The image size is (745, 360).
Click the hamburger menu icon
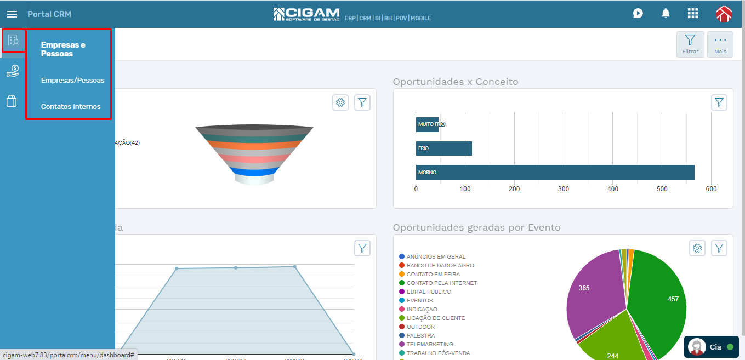pyautogui.click(x=12, y=14)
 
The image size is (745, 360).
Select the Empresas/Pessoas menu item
pyautogui.click(x=72, y=81)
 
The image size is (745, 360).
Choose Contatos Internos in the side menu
pyautogui.click(x=71, y=107)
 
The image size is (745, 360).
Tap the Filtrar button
pyautogui.click(x=690, y=44)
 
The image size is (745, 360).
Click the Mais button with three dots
pyautogui.click(x=720, y=44)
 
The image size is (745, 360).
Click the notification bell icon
pyautogui.click(x=666, y=14)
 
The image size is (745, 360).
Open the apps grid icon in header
pyautogui.click(x=693, y=14)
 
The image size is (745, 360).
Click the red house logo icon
pyautogui.click(x=724, y=14)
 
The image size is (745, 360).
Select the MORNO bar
pyautogui.click(x=555, y=172)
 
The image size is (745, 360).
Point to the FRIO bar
pyautogui.click(x=443, y=148)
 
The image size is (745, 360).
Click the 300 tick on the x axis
pyautogui.click(x=564, y=189)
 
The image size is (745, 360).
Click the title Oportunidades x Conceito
pyautogui.click(x=455, y=82)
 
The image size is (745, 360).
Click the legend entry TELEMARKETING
pyautogui.click(x=429, y=344)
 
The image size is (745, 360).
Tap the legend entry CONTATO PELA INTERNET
pyautogui.click(x=441, y=283)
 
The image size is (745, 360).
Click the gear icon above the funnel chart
pyautogui.click(x=340, y=102)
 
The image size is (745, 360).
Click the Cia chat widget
pyautogui.click(x=711, y=347)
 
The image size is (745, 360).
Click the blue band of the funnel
pyautogui.click(x=254, y=172)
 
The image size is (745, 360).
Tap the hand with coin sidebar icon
pyautogui.click(x=13, y=71)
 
